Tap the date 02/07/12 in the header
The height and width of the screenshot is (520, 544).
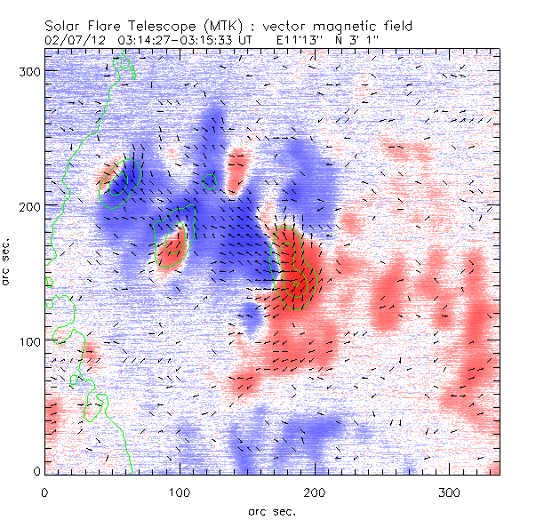(x=74, y=40)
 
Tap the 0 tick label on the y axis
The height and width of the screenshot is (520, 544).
(x=36, y=470)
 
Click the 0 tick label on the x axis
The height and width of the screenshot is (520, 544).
(x=44, y=491)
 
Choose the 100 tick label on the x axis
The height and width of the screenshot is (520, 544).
(x=180, y=491)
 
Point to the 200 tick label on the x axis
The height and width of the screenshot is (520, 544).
(x=315, y=491)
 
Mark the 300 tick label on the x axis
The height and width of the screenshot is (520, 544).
(x=450, y=491)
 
